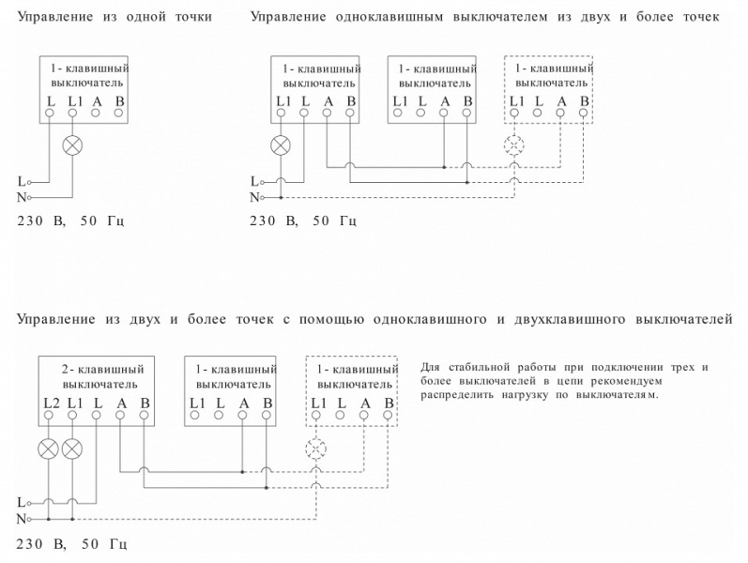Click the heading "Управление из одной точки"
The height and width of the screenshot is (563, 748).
tap(114, 17)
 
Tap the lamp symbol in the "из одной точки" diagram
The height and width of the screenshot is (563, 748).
tap(72, 145)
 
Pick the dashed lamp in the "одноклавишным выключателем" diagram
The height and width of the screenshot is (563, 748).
tap(513, 145)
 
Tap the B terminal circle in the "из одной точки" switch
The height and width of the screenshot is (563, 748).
tap(118, 113)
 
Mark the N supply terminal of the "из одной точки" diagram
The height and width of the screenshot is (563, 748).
tap(29, 197)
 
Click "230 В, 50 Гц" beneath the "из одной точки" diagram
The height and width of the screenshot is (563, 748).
tap(70, 221)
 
